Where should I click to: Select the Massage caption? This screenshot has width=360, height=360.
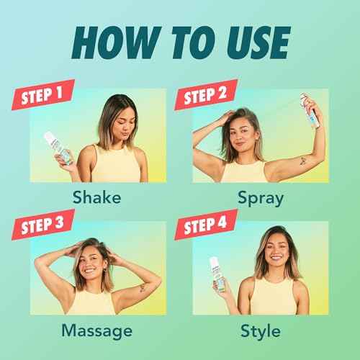[x=97, y=330]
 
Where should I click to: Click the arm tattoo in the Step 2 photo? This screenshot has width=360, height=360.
[x=303, y=161]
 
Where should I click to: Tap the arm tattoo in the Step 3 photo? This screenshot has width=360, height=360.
[x=143, y=288]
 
